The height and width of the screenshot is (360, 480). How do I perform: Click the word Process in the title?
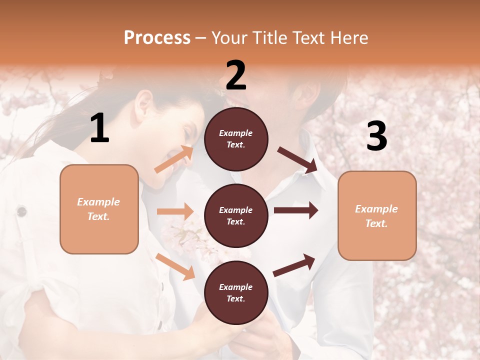click(x=157, y=38)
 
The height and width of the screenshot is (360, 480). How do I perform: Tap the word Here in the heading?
click(x=348, y=38)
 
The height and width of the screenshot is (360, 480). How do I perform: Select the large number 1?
click(x=99, y=128)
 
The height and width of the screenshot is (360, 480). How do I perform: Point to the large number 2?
click(x=236, y=75)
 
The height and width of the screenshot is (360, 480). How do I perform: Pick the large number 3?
click(x=376, y=136)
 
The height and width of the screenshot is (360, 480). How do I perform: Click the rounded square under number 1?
click(x=99, y=209)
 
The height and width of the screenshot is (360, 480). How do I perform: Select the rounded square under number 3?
click(x=377, y=215)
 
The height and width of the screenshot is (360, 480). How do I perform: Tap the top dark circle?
click(x=236, y=138)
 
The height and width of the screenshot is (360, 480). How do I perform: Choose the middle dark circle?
click(x=236, y=215)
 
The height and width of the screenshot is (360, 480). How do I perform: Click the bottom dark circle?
click(x=236, y=292)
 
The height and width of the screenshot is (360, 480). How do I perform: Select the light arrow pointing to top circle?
click(x=174, y=159)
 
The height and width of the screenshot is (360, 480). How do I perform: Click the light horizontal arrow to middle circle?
click(x=175, y=211)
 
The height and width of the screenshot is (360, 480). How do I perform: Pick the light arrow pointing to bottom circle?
click(x=175, y=266)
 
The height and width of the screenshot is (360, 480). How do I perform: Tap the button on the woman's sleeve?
click(x=21, y=211)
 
